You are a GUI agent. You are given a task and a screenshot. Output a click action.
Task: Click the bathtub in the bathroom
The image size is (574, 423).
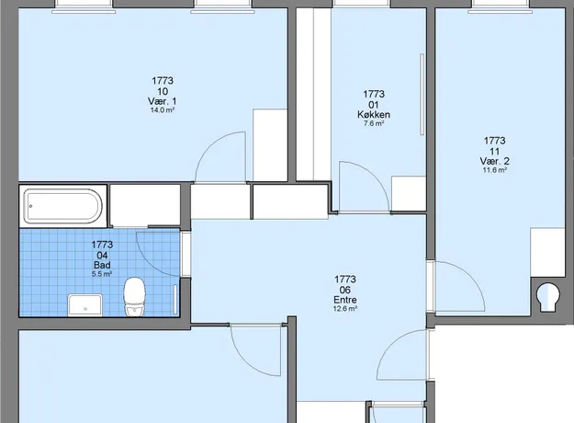(x=63, y=206)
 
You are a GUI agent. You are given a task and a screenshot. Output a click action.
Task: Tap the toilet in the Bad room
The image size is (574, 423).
(x=134, y=297)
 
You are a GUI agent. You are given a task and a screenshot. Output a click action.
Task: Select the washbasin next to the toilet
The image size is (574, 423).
(x=84, y=304)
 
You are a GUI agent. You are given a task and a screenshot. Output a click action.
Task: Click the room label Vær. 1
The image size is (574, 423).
(x=163, y=101)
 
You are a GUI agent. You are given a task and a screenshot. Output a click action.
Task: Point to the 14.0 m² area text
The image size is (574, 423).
(x=163, y=110)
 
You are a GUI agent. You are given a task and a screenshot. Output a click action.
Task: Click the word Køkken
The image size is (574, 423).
(x=374, y=114)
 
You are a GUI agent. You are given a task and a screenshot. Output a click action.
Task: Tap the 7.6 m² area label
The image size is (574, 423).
(x=374, y=123)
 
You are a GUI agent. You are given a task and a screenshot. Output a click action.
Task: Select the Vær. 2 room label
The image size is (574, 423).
(x=495, y=161)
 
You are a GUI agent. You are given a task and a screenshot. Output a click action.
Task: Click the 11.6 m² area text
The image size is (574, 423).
(x=495, y=170)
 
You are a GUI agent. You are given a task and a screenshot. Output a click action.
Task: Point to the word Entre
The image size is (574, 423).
(x=344, y=300)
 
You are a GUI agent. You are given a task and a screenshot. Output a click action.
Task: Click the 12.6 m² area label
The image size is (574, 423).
(x=344, y=309)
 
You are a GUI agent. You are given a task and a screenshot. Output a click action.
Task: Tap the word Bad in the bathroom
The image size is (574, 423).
(x=102, y=265)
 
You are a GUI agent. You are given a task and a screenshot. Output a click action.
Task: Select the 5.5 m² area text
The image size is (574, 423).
(x=102, y=273)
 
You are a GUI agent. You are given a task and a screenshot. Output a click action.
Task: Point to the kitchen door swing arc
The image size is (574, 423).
(x=374, y=176)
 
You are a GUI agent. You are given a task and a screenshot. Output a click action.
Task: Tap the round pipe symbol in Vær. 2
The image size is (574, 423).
(x=548, y=295)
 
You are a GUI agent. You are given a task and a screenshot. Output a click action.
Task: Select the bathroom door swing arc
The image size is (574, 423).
(x=148, y=262)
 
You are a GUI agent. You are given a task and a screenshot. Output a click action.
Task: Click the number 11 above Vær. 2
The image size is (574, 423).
(x=495, y=151)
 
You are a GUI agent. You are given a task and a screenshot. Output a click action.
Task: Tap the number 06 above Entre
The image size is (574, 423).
(x=344, y=290)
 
